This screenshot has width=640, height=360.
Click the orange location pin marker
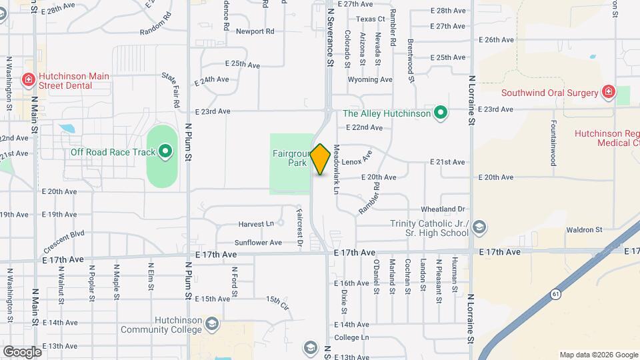pyautogui.click(x=321, y=159)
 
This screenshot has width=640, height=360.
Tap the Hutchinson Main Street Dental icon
pyautogui.click(x=28, y=81)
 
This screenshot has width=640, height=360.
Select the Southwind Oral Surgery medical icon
pyautogui.click(x=608, y=92)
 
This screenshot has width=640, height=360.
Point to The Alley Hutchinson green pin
pyautogui.click(x=439, y=113)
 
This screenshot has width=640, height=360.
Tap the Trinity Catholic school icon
pyautogui.click(x=479, y=227)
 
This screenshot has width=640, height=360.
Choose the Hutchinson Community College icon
pyautogui.click(x=212, y=323)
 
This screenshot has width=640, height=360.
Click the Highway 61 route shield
pyautogui.click(x=555, y=293)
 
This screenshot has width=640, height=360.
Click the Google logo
pyautogui.click(x=22, y=351)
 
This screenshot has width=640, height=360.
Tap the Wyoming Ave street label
pyautogui.click(x=371, y=79)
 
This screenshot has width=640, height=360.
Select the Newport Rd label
pyautogui.click(x=255, y=31)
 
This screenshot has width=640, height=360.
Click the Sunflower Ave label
pyautogui.click(x=258, y=243)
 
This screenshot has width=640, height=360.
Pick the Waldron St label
pyautogui.click(x=584, y=230)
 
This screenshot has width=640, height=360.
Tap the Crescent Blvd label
pyautogui.click(x=64, y=240)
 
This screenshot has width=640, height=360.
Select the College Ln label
pyautogui.click(x=351, y=337)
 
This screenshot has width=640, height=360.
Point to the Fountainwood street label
pyautogui.click(x=553, y=143)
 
